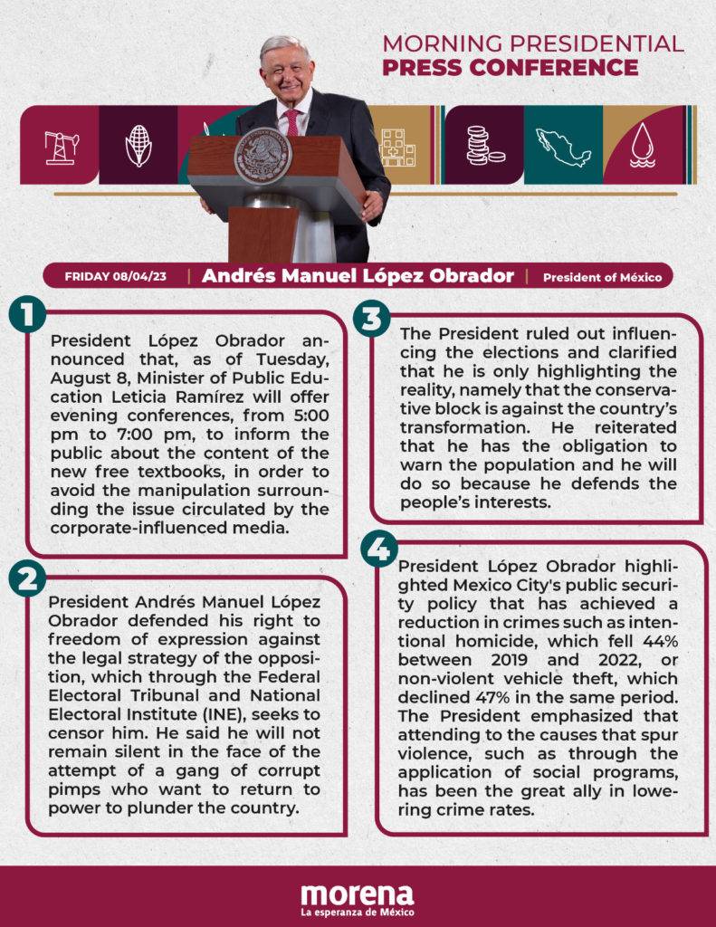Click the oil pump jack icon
(x=61, y=145)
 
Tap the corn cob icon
(x=138, y=145)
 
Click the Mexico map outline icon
(x=563, y=145)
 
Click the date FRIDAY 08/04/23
(x=115, y=276)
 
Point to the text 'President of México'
(x=602, y=277)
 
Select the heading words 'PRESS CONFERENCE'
(x=510, y=68)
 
